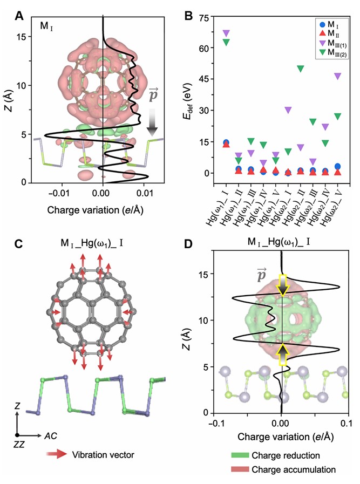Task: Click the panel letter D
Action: pyautogui.click(x=188, y=243)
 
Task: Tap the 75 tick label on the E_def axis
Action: pyautogui.click(x=205, y=17)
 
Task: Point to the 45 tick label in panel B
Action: pyautogui.click(x=205, y=79)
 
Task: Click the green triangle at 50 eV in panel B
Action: pyautogui.click(x=300, y=69)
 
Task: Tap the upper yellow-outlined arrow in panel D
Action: pyautogui.click(x=282, y=285)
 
